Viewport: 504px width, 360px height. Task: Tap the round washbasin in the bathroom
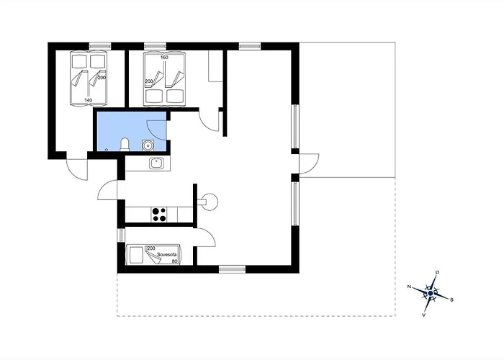pyautogui.click(x=148, y=145)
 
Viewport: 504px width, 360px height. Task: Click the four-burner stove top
pyautogui.click(x=159, y=215)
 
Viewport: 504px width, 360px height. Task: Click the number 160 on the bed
pyautogui.click(x=164, y=58)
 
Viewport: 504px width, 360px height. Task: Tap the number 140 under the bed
pyautogui.click(x=89, y=100)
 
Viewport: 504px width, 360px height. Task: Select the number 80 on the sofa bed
pyautogui.click(x=174, y=261)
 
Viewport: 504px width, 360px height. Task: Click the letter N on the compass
pyautogui.click(x=409, y=287)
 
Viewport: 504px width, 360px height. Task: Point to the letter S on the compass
pyautogui.click(x=451, y=300)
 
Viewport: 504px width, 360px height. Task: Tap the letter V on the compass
pyautogui.click(x=424, y=315)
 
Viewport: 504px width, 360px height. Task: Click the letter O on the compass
pyautogui.click(x=438, y=272)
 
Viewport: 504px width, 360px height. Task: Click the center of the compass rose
pyautogui.click(x=431, y=293)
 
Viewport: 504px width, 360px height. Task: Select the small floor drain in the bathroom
pyautogui.click(x=107, y=149)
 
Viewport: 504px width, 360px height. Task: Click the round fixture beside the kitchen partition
pyautogui.click(x=210, y=202)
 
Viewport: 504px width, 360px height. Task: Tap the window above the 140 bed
pyautogui.click(x=100, y=46)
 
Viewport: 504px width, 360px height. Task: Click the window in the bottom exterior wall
pyautogui.click(x=232, y=269)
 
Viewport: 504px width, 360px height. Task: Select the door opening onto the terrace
pyautogui.click(x=309, y=164)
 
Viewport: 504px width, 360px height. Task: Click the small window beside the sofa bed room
pyautogui.click(x=121, y=235)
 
